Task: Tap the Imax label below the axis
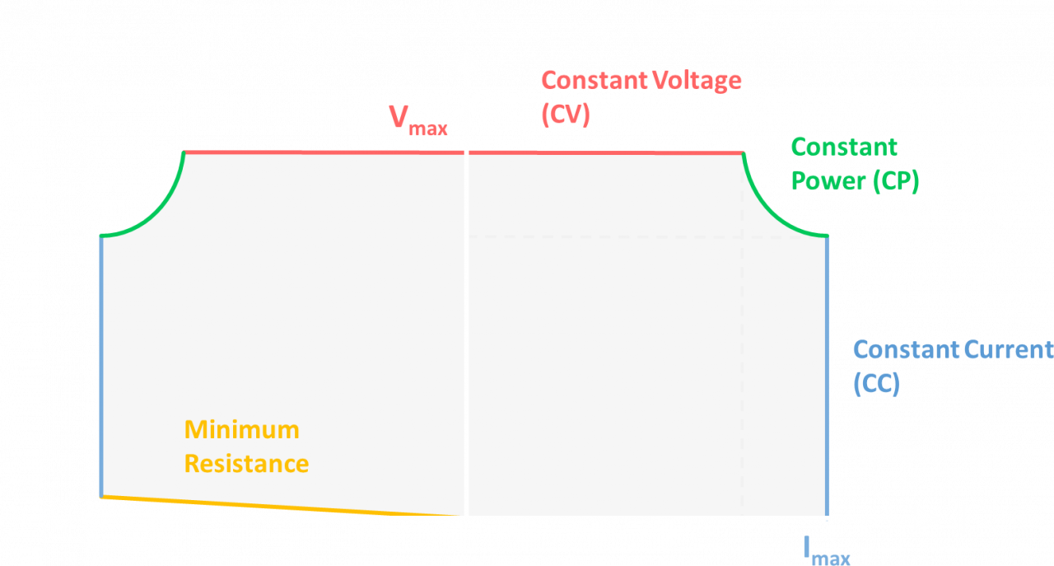pyautogui.click(x=827, y=550)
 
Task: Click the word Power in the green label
pyautogui.click(x=828, y=180)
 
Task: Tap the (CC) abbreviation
pyautogui.click(x=876, y=383)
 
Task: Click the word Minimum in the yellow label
pyautogui.click(x=241, y=429)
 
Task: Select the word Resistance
pyautogui.click(x=246, y=464)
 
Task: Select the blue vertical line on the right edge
pyautogui.click(x=826, y=371)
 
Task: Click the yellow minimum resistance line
pyautogui.click(x=280, y=506)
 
